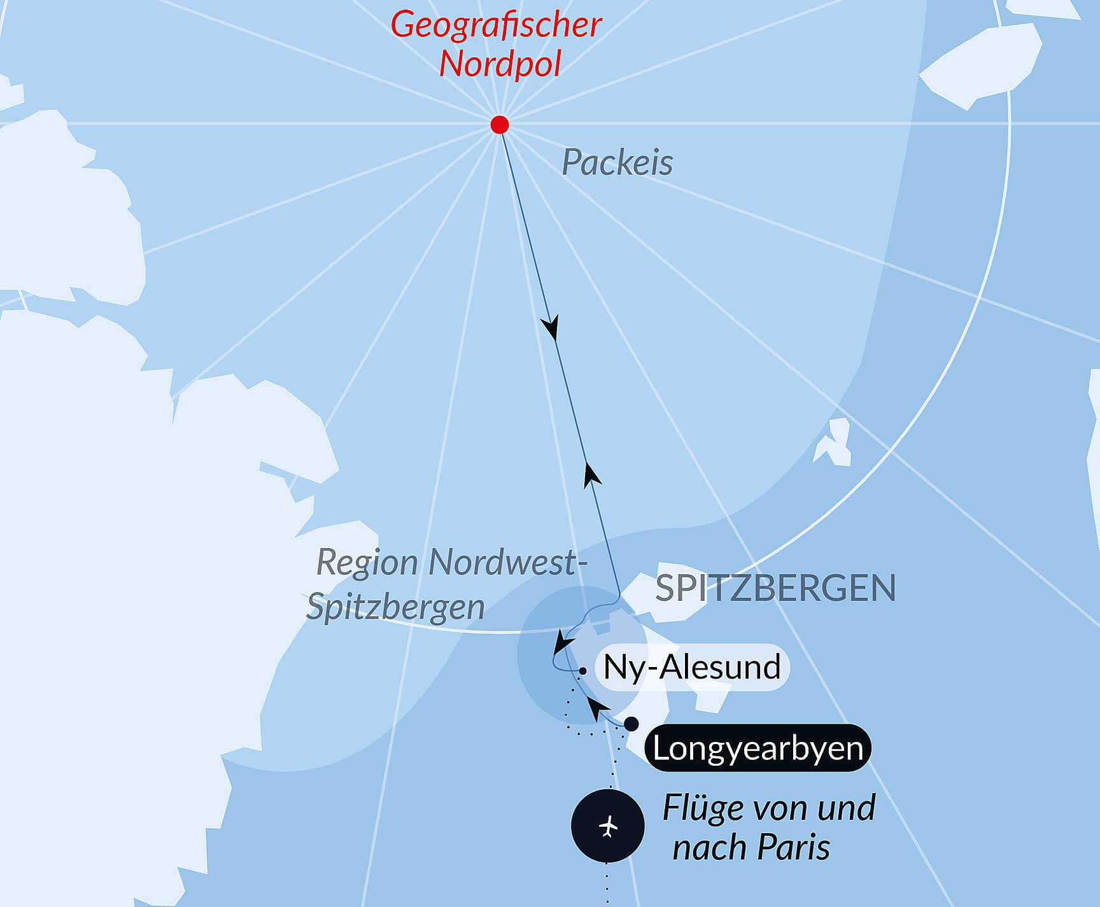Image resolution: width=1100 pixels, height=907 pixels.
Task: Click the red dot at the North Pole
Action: (500, 124)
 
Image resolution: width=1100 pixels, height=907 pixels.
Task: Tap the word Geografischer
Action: (496, 25)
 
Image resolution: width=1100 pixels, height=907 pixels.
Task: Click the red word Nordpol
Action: (500, 64)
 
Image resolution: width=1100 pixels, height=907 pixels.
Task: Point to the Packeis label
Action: (617, 163)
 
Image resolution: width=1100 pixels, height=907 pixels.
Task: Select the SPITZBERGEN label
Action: (775, 588)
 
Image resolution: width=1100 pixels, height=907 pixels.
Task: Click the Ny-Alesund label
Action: (692, 668)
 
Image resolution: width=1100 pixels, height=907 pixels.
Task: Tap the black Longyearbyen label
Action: (758, 748)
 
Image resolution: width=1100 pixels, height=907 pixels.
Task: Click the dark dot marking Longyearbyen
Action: (631, 724)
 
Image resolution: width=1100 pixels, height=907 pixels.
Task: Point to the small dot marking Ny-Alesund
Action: (583, 671)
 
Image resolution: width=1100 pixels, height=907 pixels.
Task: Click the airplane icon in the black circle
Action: (609, 827)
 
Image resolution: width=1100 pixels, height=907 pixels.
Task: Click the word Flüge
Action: (703, 808)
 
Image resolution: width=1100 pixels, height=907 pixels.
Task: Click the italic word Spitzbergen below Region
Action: (395, 607)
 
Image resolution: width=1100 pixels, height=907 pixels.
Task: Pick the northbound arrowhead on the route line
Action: (592, 475)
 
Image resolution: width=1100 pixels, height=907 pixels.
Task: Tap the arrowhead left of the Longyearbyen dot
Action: (597, 707)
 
